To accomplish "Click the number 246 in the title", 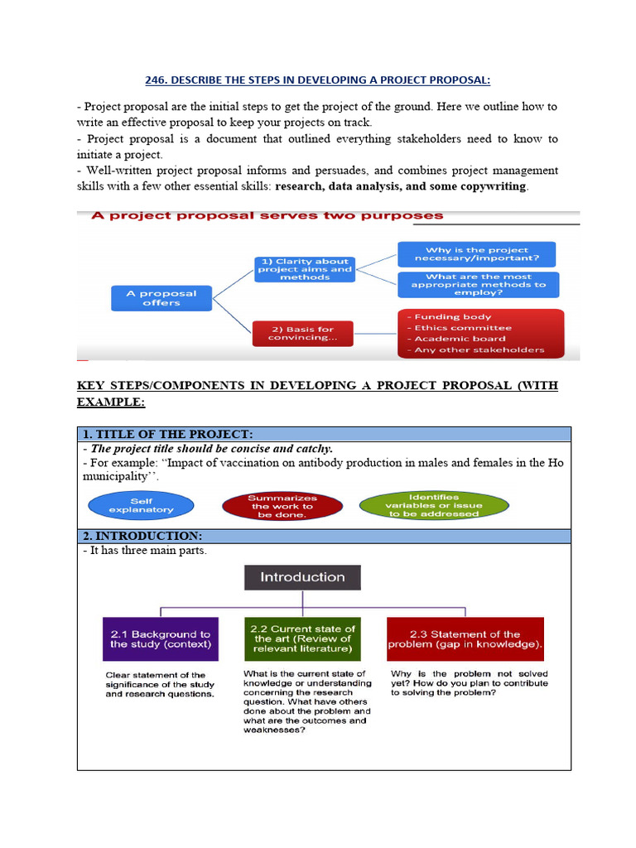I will coord(157,79).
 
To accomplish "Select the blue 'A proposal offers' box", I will coord(161,298).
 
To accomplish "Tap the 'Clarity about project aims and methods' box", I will coord(305,269).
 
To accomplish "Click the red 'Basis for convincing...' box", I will coord(303,333).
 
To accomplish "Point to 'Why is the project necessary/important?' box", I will coord(476,254).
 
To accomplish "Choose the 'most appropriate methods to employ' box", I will coord(478,285).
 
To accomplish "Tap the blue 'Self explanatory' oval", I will coord(141,505).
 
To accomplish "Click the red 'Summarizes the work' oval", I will coord(282,506).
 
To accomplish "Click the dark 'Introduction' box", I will coord(302,577).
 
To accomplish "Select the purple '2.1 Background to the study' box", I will coord(161,638).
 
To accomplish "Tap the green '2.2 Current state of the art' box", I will coord(302,638).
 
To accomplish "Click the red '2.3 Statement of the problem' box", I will coord(465,638).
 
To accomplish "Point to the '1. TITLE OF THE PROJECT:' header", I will coord(167,435).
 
